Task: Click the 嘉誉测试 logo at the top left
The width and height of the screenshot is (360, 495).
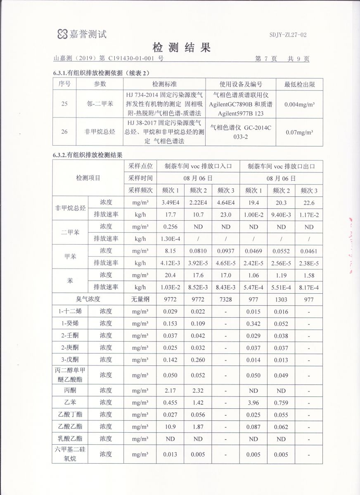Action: pos(82,34)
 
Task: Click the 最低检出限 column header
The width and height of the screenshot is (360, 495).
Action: pos(299,84)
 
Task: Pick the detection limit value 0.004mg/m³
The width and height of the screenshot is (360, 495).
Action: pos(299,104)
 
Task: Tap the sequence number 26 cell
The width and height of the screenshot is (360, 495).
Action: pos(64,132)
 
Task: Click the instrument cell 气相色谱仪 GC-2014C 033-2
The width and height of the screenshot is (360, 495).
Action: pos(240,132)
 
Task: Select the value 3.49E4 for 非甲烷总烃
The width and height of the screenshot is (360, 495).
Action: pos(170,203)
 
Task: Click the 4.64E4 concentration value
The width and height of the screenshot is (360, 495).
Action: pos(226,203)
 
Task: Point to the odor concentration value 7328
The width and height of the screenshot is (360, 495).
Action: pos(226,299)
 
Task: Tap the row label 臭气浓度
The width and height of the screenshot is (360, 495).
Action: pos(88,299)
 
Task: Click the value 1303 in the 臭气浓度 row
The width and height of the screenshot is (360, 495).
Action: pos(281,299)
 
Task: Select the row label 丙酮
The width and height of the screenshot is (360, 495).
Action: pos(70,390)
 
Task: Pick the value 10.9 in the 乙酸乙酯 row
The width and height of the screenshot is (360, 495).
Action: pos(170,426)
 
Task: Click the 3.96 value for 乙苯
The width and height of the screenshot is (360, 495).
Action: pos(253,402)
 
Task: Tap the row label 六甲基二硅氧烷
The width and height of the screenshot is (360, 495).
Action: pos(70,454)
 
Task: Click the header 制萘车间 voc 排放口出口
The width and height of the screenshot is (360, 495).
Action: pos(281,167)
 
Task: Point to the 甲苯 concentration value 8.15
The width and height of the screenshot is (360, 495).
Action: pos(170,251)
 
